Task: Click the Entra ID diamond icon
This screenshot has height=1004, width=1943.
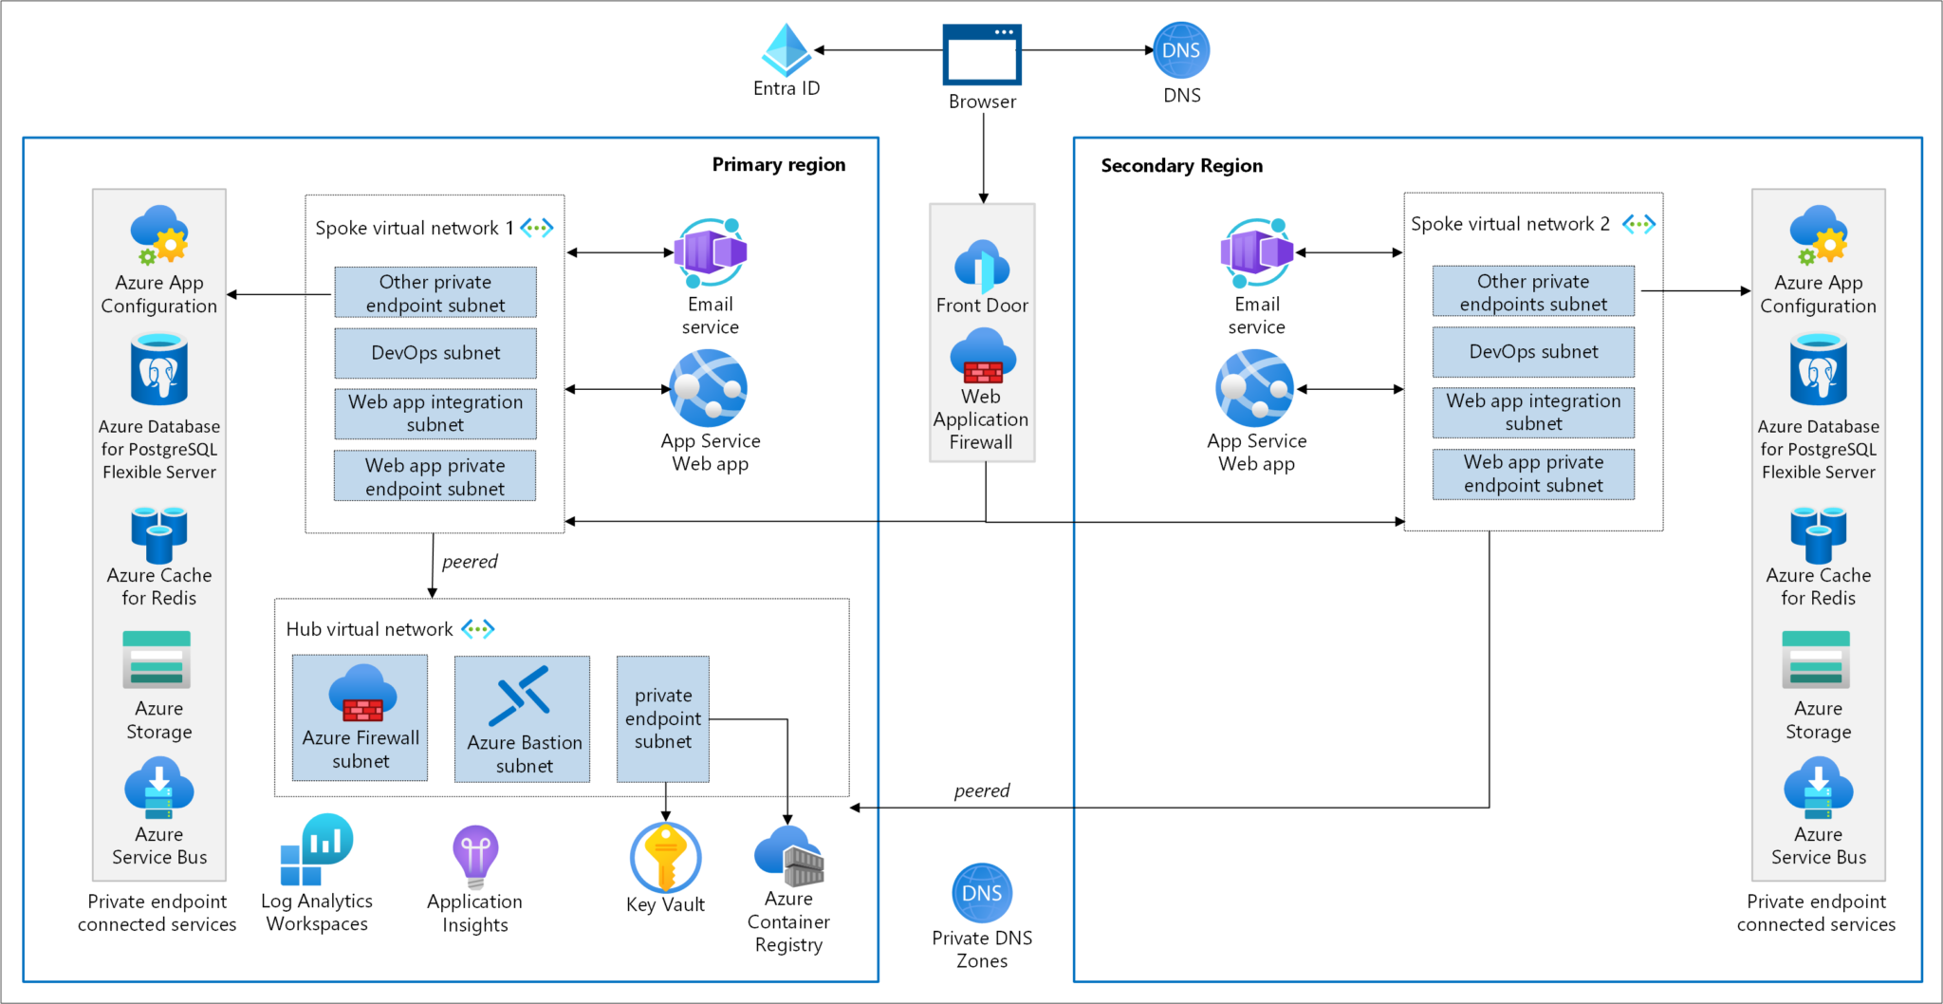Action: (786, 50)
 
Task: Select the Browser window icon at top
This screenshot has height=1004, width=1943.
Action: (982, 54)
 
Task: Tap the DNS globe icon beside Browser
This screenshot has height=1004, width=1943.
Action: (1181, 50)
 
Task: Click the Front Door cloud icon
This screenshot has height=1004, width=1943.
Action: (982, 266)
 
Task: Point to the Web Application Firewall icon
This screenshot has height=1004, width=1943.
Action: (982, 357)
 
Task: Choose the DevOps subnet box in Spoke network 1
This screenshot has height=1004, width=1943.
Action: (435, 353)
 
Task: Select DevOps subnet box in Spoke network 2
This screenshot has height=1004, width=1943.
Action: (1533, 352)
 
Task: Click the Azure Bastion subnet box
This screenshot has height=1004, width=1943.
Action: (522, 718)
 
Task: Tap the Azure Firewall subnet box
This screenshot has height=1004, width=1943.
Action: (360, 718)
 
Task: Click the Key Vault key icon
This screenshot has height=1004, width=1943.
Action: (665, 856)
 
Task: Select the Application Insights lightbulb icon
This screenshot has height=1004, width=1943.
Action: (475, 855)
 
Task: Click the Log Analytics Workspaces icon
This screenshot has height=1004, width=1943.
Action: (317, 850)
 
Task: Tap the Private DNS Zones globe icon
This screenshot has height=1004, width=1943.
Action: (982, 893)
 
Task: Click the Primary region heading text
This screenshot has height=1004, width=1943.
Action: (778, 164)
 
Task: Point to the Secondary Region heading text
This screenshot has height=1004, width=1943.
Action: (1181, 165)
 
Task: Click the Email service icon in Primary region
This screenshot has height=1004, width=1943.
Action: (710, 253)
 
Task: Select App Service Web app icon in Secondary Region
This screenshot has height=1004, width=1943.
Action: (1255, 388)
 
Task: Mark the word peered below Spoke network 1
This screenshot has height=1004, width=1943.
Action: (470, 562)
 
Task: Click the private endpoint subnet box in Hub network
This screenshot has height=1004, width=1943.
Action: (662, 718)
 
